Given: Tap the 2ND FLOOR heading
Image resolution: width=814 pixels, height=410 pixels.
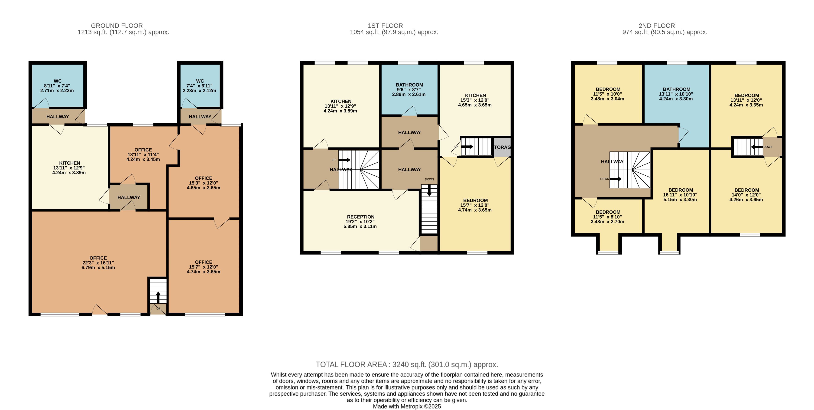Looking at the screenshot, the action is [x=657, y=26].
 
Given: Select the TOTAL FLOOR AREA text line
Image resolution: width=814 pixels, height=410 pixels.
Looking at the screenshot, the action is [x=407, y=364].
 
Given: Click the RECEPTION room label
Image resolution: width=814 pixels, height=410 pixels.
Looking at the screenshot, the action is [x=360, y=217].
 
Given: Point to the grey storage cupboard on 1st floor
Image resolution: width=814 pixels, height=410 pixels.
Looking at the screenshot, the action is [x=502, y=147].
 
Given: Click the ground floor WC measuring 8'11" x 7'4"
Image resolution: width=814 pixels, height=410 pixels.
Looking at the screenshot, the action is [x=58, y=86].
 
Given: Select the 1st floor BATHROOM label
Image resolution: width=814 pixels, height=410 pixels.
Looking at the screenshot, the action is [x=409, y=85].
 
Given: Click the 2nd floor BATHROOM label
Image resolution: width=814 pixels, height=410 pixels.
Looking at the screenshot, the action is [x=677, y=89].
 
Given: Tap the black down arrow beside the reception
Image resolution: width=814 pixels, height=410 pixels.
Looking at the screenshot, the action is [x=429, y=190].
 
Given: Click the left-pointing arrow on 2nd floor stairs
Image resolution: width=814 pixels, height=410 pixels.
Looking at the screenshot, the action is [x=757, y=147].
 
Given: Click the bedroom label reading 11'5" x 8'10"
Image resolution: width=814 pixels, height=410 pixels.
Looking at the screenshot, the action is [x=608, y=217].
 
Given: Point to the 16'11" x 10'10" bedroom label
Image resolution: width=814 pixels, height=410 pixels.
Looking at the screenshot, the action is [x=680, y=195].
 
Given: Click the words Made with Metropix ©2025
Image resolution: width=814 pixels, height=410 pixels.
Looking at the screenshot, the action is [x=407, y=407].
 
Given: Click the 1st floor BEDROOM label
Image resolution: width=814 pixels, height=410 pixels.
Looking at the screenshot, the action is [x=475, y=200].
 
